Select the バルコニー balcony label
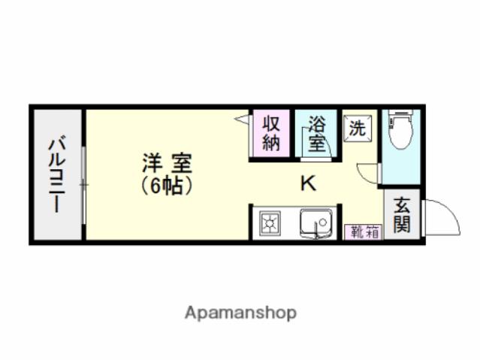57,174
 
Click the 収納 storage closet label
271,133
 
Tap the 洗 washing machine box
358,127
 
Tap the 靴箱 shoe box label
364,232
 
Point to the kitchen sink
316,224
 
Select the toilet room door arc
369,172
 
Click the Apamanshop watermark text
240,312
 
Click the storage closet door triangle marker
243,119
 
